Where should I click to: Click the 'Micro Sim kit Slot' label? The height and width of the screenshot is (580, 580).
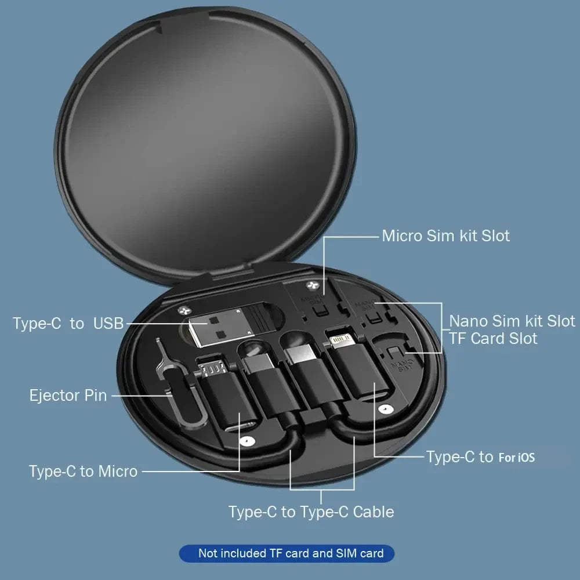(445, 236)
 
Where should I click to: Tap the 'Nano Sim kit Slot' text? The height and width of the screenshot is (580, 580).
(512, 321)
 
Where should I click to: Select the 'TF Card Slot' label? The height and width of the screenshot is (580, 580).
(493, 338)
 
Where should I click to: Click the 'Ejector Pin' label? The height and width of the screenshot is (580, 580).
(68, 396)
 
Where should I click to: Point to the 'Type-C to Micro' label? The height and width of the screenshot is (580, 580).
(83, 471)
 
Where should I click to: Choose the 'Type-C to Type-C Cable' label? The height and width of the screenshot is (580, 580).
(311, 512)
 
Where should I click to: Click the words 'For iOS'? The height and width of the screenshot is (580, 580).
(516, 458)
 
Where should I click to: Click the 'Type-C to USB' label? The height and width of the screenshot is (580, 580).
(68, 324)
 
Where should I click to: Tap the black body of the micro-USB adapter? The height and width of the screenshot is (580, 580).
(226, 400)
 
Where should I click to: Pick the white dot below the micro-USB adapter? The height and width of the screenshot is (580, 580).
(248, 441)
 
